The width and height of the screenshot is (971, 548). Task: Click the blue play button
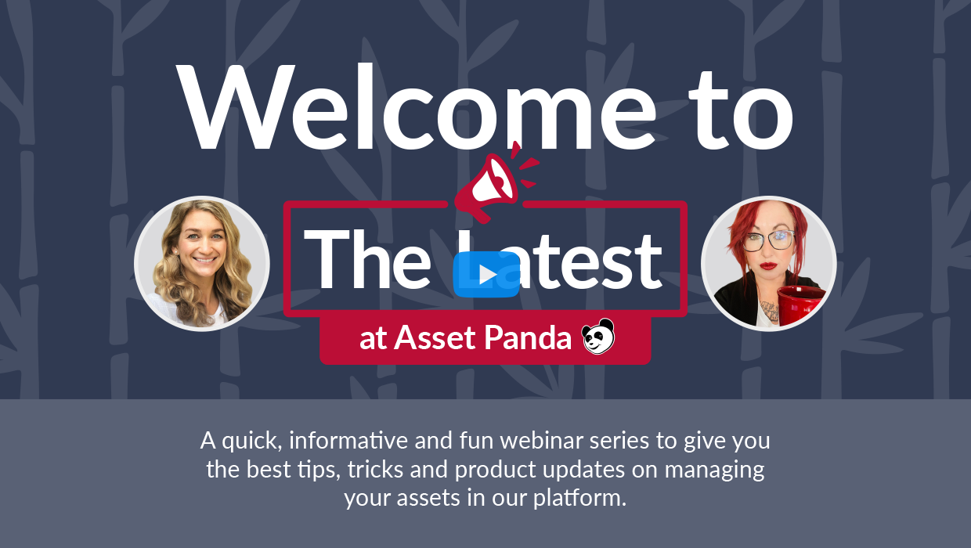tap(486, 274)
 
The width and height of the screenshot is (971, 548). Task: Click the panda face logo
tap(598, 337)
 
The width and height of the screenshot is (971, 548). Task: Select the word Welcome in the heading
tap(415, 107)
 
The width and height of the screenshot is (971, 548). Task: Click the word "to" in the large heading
tap(741, 111)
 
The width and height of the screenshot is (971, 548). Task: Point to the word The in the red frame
tap(367, 259)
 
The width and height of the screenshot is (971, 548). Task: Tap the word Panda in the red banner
tap(528, 337)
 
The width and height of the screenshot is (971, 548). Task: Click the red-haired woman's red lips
tap(768, 265)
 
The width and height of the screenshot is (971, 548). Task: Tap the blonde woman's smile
tap(204, 260)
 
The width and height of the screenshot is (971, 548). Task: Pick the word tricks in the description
tap(375, 469)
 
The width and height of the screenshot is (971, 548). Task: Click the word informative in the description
tap(348, 441)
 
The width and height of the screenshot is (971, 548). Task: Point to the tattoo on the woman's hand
tap(770, 311)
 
